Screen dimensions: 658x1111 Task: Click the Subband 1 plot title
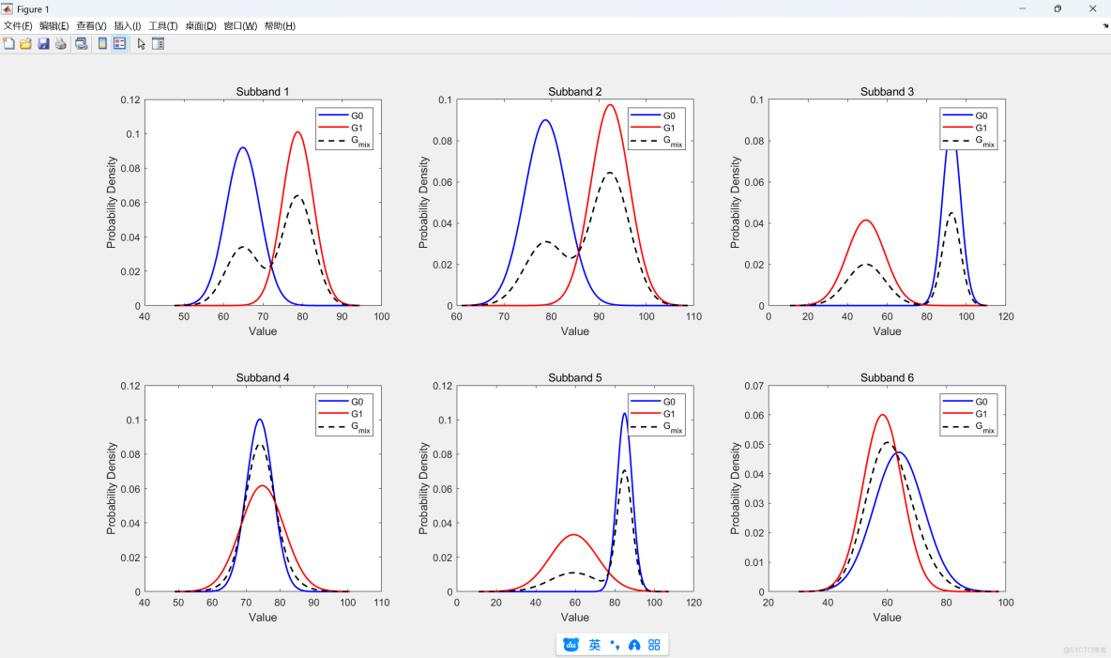(x=263, y=92)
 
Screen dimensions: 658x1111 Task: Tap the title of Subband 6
(x=887, y=378)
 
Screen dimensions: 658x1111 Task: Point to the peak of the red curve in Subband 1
(x=298, y=132)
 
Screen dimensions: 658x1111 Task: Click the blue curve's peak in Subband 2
(x=544, y=120)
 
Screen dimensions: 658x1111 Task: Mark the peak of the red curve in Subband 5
(x=574, y=535)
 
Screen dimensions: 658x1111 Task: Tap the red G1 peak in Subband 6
(x=882, y=415)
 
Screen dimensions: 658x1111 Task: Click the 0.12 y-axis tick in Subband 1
(x=129, y=100)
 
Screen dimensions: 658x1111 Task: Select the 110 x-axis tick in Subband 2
(x=692, y=317)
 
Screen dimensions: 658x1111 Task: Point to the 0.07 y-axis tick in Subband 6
(x=753, y=386)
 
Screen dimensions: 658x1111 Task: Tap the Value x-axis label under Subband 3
(x=887, y=331)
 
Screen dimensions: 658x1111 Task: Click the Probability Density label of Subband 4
(x=112, y=489)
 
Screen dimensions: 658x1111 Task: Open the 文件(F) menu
(x=18, y=26)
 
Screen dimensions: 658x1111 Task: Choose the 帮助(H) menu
(x=280, y=26)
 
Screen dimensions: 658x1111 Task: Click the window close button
(x=1092, y=8)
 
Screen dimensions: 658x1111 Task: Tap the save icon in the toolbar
(x=43, y=44)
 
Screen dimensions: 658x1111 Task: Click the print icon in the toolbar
(x=61, y=44)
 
